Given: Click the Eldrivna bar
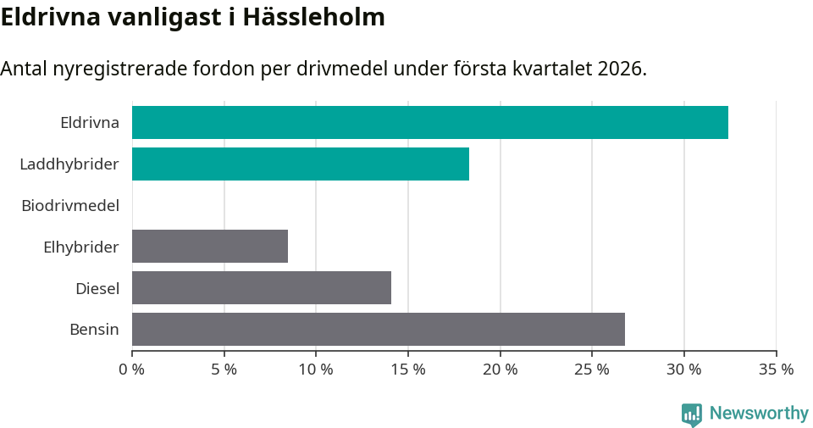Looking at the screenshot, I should click(429, 123).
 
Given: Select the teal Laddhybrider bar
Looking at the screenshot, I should click(300, 164).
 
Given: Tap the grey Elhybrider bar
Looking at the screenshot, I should click(209, 247).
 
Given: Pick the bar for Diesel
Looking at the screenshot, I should click(261, 288).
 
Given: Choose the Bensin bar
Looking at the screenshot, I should click(378, 329).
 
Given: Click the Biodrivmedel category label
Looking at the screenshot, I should click(69, 205).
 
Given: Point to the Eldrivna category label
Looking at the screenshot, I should click(89, 123).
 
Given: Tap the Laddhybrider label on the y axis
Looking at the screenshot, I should click(69, 164).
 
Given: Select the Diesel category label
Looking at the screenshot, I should click(97, 288).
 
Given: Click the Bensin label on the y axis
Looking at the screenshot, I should click(94, 329).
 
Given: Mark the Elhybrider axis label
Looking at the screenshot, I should click(80, 247).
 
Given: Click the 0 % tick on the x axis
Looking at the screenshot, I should click(132, 370).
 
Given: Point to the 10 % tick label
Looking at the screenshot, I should click(316, 370).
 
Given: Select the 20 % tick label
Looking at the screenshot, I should click(500, 370).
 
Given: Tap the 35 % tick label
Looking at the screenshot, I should click(776, 370).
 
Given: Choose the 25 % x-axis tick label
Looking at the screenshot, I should click(592, 370).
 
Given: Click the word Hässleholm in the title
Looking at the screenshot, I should click(313, 17).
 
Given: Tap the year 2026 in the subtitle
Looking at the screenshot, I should click(619, 69).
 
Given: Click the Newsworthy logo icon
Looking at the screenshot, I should click(692, 414).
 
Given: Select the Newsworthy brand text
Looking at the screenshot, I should click(759, 414).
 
